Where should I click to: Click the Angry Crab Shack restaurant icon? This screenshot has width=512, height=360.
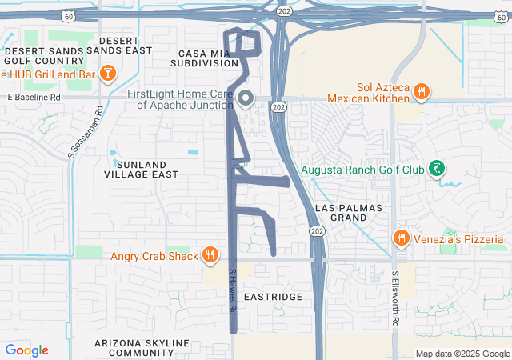[x=210, y=255]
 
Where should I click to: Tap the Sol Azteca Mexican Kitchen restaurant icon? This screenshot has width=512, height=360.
[x=421, y=93]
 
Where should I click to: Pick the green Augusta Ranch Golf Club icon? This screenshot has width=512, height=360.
[x=437, y=169]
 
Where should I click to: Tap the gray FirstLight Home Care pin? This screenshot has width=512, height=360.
[x=246, y=98]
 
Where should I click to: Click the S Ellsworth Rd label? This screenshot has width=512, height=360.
[x=395, y=298]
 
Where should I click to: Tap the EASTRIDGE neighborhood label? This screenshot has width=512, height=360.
[x=273, y=297]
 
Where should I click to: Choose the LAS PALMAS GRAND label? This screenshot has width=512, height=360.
[x=349, y=213]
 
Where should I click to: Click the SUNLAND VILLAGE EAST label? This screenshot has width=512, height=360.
[x=142, y=168]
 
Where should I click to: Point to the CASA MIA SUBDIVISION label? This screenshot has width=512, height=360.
[x=204, y=58]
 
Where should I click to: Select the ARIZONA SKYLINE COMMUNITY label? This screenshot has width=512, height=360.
[x=142, y=348]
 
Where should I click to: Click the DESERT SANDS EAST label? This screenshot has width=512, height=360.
[x=124, y=45]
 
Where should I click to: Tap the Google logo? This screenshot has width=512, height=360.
[x=26, y=350]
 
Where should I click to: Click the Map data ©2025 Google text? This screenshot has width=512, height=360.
[x=462, y=354]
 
